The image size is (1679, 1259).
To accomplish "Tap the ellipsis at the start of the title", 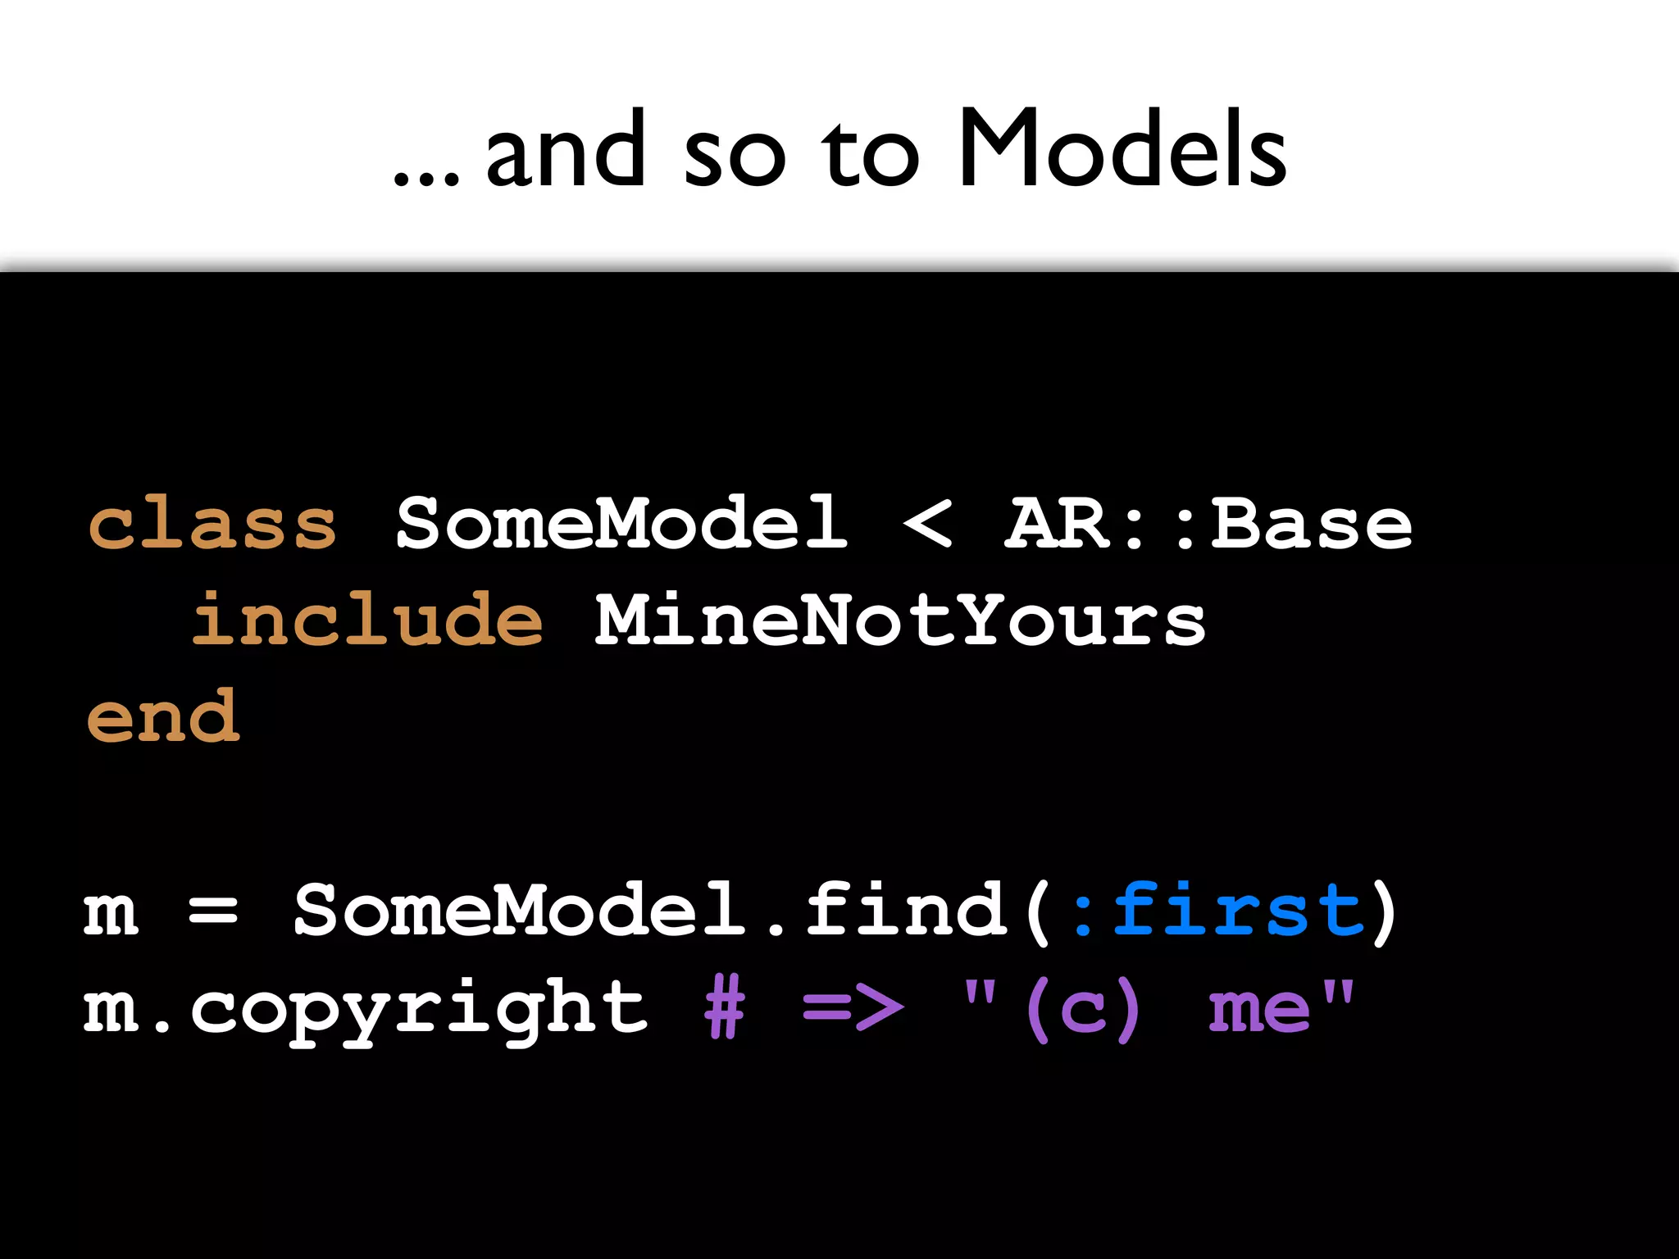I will pyautogui.click(x=426, y=177).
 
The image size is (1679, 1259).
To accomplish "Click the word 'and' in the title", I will pyautogui.click(x=566, y=149).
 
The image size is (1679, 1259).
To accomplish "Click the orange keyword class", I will pyautogui.click(x=212, y=525).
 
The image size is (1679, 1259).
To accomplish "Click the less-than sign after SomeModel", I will pyautogui.click(x=927, y=525).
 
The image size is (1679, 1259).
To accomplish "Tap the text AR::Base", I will pyautogui.click(x=1209, y=525).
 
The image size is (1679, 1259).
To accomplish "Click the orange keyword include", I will pyautogui.click(x=366, y=620).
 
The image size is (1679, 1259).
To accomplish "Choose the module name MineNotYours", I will pyautogui.click(x=899, y=621).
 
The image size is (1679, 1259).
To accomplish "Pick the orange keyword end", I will pyautogui.click(x=163, y=717).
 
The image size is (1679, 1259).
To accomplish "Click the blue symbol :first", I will pyautogui.click(x=1217, y=910).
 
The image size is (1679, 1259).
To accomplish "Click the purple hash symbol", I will pyautogui.click(x=725, y=1008).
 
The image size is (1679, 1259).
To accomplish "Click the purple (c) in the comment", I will pyautogui.click(x=1083, y=1008).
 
